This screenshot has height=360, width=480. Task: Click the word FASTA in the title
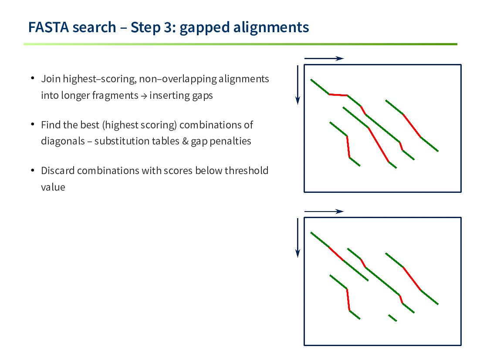pos(49,27)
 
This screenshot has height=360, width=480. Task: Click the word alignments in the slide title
pos(271,27)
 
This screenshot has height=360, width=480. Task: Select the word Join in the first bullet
pos(51,79)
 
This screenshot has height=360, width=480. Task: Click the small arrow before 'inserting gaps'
pos(144,96)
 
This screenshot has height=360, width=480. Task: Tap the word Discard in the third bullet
pos(58,170)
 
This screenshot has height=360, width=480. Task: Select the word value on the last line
pos(53,187)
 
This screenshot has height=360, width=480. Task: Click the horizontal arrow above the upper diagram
pos(324,58)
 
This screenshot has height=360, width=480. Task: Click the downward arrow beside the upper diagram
pos(297,85)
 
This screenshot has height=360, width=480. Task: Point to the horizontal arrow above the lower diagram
pos(324,212)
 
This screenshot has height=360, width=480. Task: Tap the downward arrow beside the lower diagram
pos(297,238)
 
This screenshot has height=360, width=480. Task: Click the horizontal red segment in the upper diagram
pos(338,95)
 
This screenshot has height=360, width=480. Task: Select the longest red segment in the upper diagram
pos(379,145)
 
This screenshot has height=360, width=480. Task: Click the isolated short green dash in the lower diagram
pos(393,318)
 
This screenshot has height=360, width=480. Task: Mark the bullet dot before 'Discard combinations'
pos(33,170)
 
